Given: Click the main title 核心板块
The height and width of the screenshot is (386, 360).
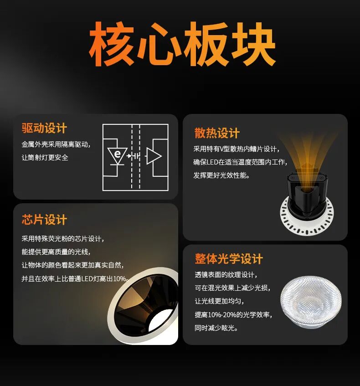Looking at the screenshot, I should [x=182, y=45].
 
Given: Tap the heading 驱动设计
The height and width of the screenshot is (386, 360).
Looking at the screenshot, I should [x=44, y=129].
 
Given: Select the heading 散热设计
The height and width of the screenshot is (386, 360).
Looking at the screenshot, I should [x=217, y=133].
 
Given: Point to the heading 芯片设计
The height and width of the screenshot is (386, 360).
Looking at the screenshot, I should [x=44, y=220].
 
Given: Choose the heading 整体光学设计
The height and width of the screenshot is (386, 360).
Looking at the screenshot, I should [x=229, y=259].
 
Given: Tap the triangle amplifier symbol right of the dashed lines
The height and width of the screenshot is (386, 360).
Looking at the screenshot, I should [x=153, y=156].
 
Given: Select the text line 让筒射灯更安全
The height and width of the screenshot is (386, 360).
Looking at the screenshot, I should [x=45, y=157].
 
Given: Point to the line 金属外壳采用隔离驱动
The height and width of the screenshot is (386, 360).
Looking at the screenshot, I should [x=56, y=144].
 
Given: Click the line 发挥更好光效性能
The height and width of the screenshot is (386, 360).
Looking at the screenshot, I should [x=221, y=175].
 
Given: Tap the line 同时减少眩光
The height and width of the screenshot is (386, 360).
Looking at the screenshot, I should [x=216, y=328].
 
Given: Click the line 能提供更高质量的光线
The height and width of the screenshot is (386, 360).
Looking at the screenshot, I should [x=56, y=252].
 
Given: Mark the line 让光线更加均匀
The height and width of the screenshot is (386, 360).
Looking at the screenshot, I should [x=219, y=301].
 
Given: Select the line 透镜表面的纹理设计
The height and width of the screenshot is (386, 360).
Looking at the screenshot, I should [x=226, y=275].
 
